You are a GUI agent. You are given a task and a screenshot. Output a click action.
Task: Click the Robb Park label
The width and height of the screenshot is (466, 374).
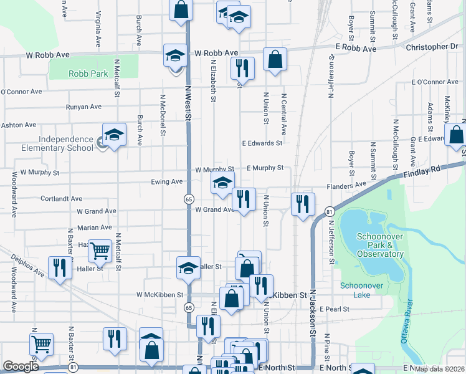pyautogui.click(x=88, y=74)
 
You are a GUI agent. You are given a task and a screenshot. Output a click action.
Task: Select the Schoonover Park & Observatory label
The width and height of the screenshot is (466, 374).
pyautogui.click(x=380, y=245)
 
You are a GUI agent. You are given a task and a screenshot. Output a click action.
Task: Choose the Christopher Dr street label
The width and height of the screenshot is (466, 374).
pyautogui.click(x=431, y=47)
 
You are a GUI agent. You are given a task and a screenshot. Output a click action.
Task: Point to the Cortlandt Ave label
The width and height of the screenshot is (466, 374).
pyautogui.click(x=61, y=199)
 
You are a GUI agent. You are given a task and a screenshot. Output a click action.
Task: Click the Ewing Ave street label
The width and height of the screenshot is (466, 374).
pyautogui.click(x=166, y=182)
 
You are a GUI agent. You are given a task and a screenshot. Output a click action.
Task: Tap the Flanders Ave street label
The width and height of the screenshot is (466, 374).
pyautogui.click(x=347, y=185)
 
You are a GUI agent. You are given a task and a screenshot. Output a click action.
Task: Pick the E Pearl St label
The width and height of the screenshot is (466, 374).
pyautogui.click(x=334, y=309)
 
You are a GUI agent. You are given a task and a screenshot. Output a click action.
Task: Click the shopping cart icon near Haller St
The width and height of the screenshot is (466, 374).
pyautogui.click(x=100, y=251)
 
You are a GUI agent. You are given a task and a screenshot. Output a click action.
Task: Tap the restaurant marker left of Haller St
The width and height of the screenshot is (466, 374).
pyautogui.click(x=60, y=267)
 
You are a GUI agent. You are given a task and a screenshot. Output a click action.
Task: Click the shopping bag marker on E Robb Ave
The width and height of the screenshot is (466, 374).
pyautogui.click(x=275, y=59)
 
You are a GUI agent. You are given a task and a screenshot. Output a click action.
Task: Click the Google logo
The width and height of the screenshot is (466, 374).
pyautogui.click(x=21, y=367)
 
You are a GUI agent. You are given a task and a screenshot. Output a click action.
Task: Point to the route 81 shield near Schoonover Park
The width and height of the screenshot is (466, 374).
pyautogui.click(x=328, y=213)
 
